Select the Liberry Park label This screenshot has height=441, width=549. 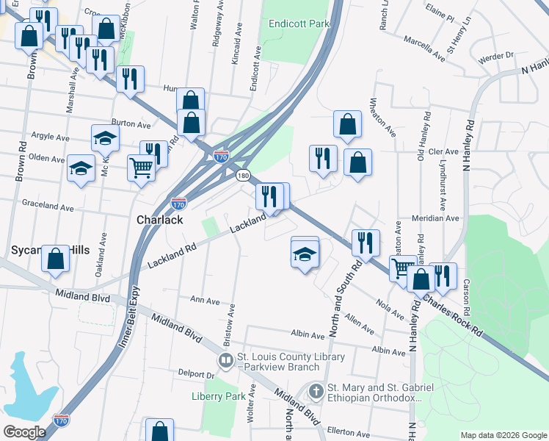tap(218, 396)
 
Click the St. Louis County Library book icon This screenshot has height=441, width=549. tap(226, 361)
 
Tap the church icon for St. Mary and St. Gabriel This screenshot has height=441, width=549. tap(316, 391)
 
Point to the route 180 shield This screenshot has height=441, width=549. tap(243, 176)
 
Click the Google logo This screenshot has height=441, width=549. tap(25, 432)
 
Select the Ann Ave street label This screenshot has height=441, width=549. tap(205, 301)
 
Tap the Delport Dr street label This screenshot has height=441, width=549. tap(195, 373)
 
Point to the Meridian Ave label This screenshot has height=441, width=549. tap(435, 218)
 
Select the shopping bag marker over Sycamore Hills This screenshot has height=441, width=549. tap(55, 259)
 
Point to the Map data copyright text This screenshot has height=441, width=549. tap(503, 434)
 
